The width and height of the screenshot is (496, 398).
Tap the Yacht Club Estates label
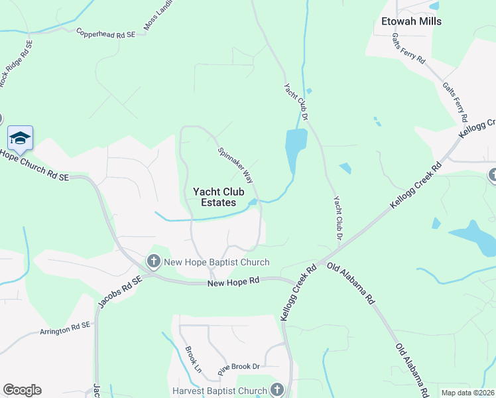click(214, 197)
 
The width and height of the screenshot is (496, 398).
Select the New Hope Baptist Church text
click(217, 262)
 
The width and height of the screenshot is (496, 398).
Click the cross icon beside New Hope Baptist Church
click(153, 261)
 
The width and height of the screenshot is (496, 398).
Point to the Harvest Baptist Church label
click(218, 390)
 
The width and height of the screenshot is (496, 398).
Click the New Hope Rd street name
click(231, 283)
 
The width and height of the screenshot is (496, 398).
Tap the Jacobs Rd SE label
click(120, 293)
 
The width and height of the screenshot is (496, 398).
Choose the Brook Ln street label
click(193, 359)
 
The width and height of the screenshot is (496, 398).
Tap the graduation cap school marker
click(19, 137)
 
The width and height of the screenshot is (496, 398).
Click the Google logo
click(22, 390)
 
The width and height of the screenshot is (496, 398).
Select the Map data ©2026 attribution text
click(467, 393)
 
